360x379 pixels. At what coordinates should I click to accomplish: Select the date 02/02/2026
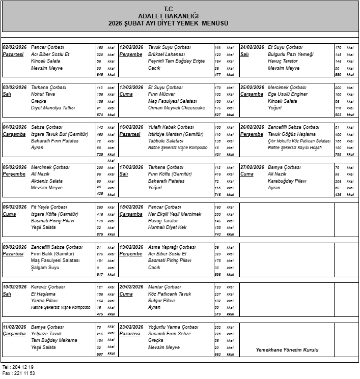coord(14,47)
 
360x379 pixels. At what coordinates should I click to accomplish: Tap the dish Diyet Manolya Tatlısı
coord(53,108)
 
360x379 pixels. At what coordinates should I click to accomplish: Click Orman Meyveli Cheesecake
coord(176,108)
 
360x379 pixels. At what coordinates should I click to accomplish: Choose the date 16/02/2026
coord(131,127)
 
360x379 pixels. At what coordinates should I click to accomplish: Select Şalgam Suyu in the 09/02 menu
coord(45,268)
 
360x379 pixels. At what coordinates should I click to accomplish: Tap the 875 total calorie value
coord(100,235)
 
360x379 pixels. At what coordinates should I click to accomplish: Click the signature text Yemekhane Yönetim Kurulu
coord(287,350)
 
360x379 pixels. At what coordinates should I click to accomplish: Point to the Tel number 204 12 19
coord(24,367)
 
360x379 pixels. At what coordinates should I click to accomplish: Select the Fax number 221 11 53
coord(24,373)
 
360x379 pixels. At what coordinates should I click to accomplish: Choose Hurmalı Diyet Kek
coord(168,227)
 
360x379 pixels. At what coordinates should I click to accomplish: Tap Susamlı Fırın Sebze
coord(170,334)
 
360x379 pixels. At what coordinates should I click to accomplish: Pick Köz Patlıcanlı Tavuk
coord(170,294)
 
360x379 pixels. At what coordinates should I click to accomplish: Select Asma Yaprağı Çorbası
coord(172,247)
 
